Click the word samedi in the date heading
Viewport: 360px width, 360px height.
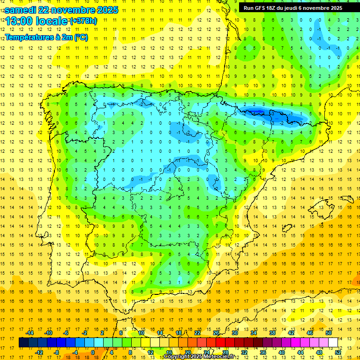click(21, 10)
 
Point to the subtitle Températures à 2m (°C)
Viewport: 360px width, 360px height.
click(46, 37)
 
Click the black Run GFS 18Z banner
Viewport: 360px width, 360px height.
click(293, 8)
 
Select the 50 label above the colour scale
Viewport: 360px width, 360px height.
click(329, 333)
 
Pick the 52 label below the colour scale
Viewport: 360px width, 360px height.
click(338, 352)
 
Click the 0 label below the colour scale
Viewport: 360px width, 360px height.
click(93, 352)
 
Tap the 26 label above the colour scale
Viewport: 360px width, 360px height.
click(216, 333)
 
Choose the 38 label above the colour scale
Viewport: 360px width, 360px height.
click(272, 333)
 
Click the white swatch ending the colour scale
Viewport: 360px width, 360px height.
click(333, 343)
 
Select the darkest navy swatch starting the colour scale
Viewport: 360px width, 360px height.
click(23, 343)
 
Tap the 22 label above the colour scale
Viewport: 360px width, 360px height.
click(197, 333)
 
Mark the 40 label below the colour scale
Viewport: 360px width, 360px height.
click(282, 352)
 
